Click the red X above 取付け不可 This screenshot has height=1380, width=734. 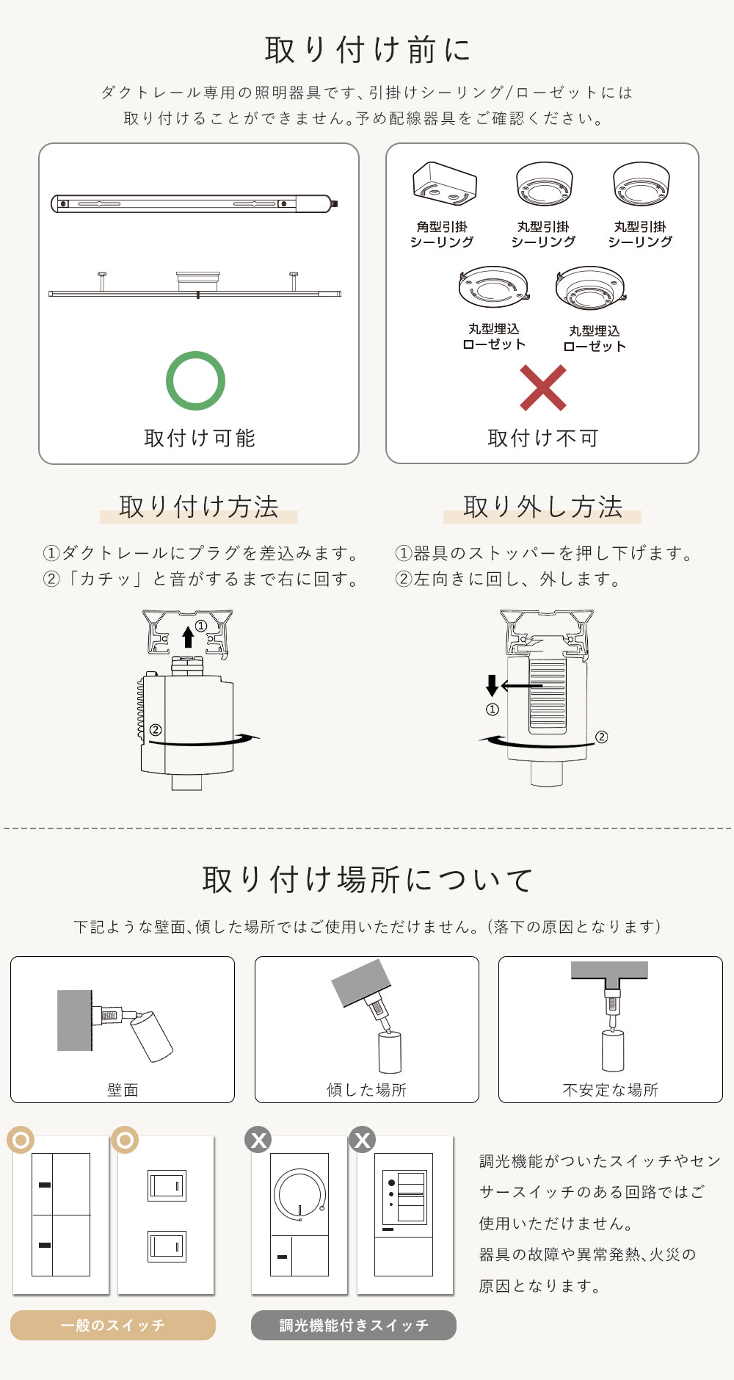[x=543, y=388]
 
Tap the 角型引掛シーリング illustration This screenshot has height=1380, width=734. [x=444, y=183]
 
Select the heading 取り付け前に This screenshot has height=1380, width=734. [x=368, y=50]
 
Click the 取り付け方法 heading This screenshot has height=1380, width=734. [x=199, y=507]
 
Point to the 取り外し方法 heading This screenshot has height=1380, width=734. [x=543, y=507]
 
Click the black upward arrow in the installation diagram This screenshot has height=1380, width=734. [x=188, y=636]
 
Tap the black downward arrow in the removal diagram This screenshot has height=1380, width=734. [x=492, y=685]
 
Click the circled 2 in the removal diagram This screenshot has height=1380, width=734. [x=601, y=737]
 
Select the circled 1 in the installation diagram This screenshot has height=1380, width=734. [x=201, y=626]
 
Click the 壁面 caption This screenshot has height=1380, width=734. [x=123, y=1090]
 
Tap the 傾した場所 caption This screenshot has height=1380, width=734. [x=367, y=1090]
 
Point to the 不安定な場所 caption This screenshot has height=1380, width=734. [x=611, y=1090]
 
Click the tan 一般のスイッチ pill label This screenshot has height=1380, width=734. [x=113, y=1325]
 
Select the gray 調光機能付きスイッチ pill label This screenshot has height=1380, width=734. [x=354, y=1325]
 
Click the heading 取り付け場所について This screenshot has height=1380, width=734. [x=368, y=880]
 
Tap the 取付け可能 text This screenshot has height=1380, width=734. [x=200, y=438]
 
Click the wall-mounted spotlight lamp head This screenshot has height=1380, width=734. [x=152, y=1036]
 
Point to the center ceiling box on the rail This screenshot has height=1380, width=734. [x=198, y=281]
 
